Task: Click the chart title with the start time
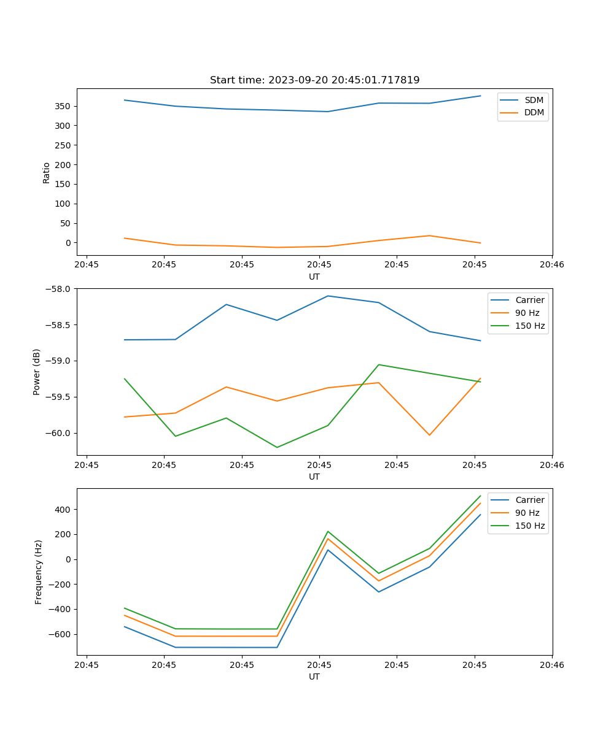pos(314,80)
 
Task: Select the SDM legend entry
pos(534,100)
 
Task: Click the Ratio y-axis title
pos(47,172)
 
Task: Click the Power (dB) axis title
pos(37,372)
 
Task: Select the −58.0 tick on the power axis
pos(60,288)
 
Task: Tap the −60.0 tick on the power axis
pos(60,433)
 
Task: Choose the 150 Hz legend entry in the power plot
pos(530,326)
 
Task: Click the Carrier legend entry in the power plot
pos(529,300)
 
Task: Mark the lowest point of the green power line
pos(277,447)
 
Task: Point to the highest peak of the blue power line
pos(328,296)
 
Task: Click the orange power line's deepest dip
pos(429,435)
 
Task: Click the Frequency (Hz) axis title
pos(39,572)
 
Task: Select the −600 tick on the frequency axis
pos(60,634)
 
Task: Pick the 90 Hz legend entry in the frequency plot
pos(527,513)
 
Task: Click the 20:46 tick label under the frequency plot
pos(552,664)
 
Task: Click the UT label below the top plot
pos(314,277)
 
